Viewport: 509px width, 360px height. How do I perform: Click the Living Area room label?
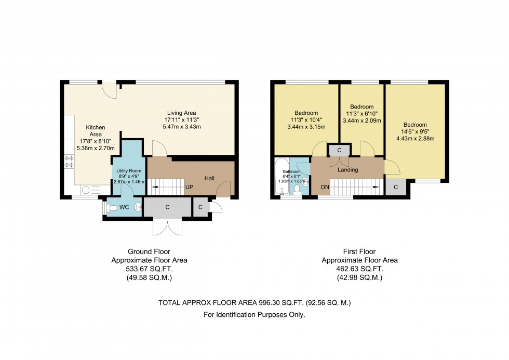pyautogui.click(x=181, y=113)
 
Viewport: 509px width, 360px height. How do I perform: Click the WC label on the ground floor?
pyautogui.click(x=124, y=207)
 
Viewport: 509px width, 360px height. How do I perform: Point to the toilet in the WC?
pyautogui.click(x=110, y=207)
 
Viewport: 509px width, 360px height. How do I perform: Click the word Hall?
pyautogui.click(x=209, y=178)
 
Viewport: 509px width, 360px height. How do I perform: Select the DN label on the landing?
pyautogui.click(x=325, y=187)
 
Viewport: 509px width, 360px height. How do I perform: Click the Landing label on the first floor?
pyautogui.click(x=347, y=169)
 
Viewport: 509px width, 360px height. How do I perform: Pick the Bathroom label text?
pyautogui.click(x=291, y=171)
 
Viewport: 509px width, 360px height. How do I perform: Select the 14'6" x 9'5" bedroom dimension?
pyautogui.click(x=415, y=131)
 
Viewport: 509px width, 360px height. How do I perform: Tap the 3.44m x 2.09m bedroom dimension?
pyautogui.click(x=361, y=121)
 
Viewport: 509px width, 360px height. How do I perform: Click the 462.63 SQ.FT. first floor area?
pyautogui.click(x=359, y=269)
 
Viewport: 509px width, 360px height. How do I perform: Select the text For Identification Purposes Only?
pyautogui.click(x=254, y=315)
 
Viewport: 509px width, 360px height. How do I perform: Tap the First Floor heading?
pyautogui.click(x=359, y=251)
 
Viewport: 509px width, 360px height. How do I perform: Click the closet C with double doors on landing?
pyautogui.click(x=339, y=150)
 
